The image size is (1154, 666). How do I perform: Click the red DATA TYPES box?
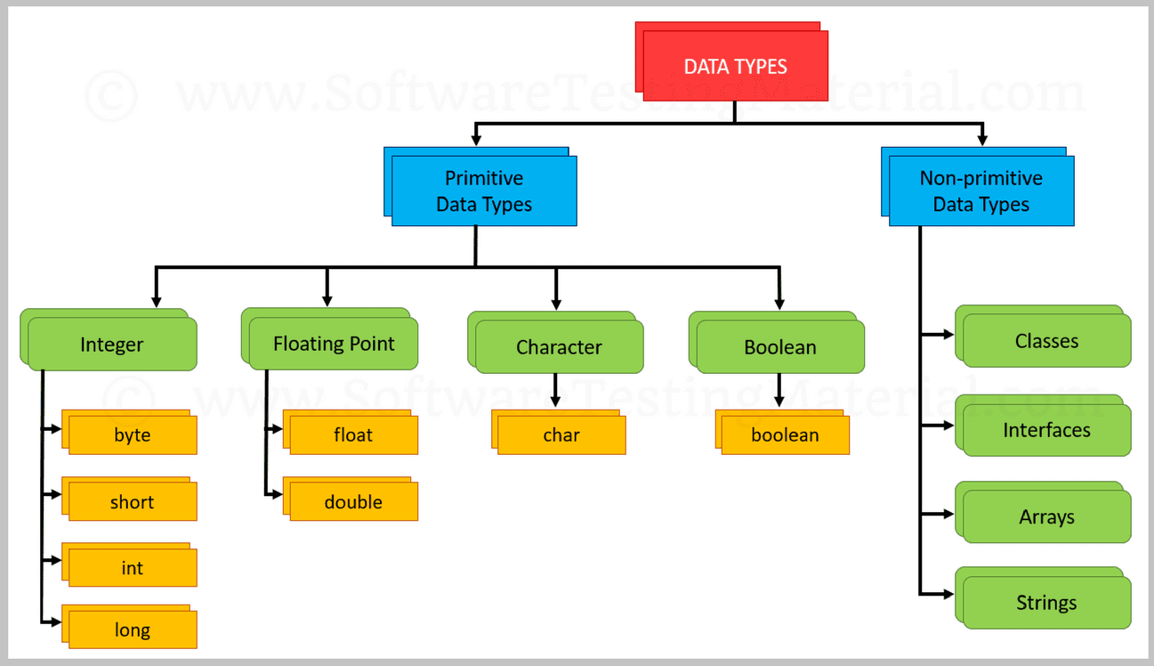(x=735, y=66)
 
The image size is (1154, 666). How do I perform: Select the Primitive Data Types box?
(x=484, y=191)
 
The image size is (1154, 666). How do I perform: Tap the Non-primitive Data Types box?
(x=980, y=191)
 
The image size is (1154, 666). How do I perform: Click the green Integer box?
(x=111, y=344)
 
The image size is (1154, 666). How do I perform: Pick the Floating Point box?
(x=333, y=344)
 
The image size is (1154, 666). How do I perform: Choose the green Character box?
(x=559, y=347)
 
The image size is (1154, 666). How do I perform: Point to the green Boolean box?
(x=779, y=347)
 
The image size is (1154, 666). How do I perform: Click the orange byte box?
(x=132, y=435)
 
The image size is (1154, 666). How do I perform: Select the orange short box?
(x=132, y=502)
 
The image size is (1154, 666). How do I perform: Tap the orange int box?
(x=132, y=568)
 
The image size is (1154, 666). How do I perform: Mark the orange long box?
(x=132, y=630)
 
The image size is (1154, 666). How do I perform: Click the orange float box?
(x=353, y=435)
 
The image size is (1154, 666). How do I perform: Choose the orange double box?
(x=353, y=502)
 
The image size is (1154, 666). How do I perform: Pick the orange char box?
(x=561, y=435)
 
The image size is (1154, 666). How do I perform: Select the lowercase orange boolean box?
(x=784, y=435)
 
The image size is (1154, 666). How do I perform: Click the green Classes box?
(x=1046, y=341)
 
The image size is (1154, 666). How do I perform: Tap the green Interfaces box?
(x=1046, y=430)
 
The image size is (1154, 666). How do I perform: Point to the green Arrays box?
(x=1046, y=517)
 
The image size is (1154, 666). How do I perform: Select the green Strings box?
(x=1046, y=603)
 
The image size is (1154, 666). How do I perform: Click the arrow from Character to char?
(x=555, y=390)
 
